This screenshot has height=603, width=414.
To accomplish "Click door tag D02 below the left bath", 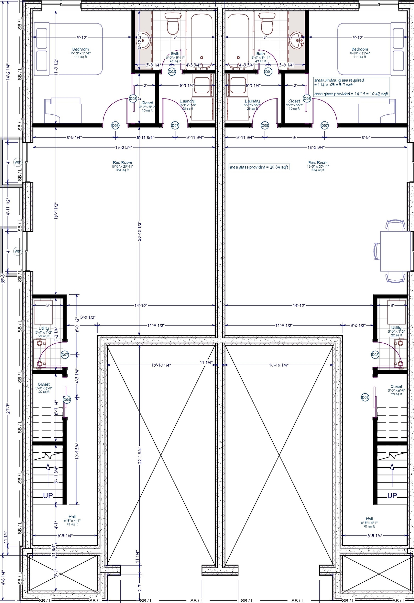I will tap(172, 72).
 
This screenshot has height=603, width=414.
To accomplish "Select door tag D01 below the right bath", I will tap(268, 72).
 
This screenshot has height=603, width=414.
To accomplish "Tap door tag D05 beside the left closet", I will tap(133, 99).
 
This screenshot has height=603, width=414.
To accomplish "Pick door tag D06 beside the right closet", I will tap(307, 99).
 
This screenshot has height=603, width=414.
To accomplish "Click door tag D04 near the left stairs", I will tap(67, 400).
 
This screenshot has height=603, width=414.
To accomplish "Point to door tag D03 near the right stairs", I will tap(365, 397).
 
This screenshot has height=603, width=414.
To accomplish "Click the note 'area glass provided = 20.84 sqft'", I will tap(259, 167).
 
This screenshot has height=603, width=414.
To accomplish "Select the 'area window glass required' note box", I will tap(351, 87).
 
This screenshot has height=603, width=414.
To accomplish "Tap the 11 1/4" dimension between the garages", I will tap(206, 363).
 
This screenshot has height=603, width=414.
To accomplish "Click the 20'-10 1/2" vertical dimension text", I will tap(139, 231).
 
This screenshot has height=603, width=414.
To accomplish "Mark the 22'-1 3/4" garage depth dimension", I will tap(139, 456).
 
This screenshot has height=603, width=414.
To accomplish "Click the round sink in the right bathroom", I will tap(296, 40).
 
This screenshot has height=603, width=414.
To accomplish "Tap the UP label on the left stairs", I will tap(48, 495).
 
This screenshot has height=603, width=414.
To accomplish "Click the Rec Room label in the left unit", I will tap(122, 162).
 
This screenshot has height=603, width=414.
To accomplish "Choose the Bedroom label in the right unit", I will tap(360, 49).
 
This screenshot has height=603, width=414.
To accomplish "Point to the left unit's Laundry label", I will tap(188, 101).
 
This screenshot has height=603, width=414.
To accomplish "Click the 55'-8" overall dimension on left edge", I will tap(3, 278).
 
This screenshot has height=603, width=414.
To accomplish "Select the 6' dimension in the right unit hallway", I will tap(295, 138).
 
